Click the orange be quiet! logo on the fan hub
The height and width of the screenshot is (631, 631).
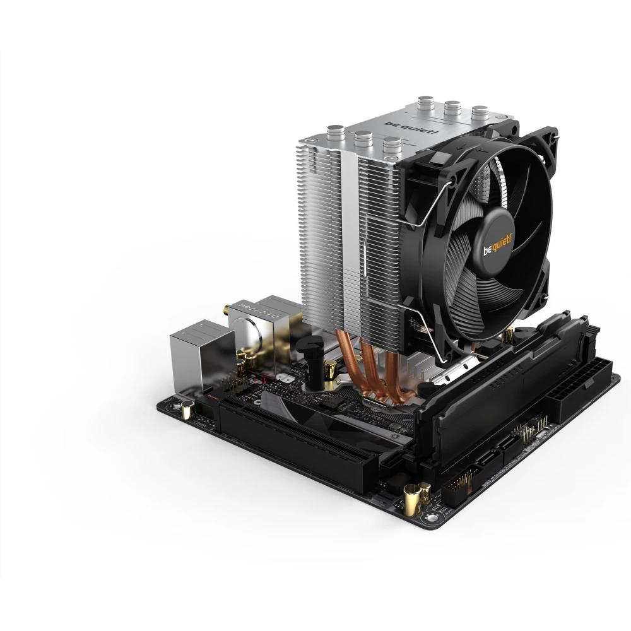(x=498, y=245)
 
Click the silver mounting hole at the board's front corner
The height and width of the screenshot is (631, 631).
(x=432, y=517)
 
